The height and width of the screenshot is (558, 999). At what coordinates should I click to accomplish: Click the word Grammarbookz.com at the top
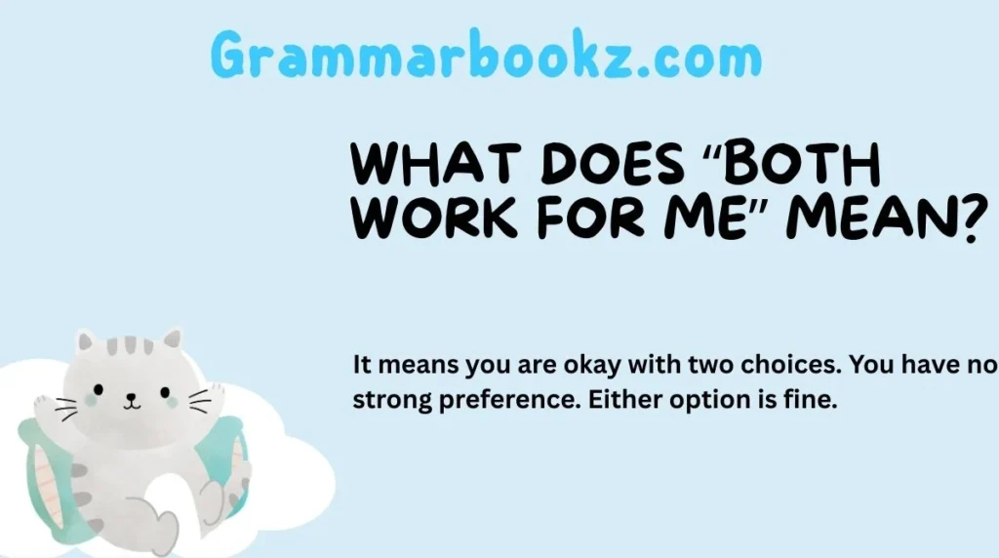(486, 56)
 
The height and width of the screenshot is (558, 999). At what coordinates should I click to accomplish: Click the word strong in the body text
(384, 399)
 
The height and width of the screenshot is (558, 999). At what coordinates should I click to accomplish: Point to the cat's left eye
(105, 386)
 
